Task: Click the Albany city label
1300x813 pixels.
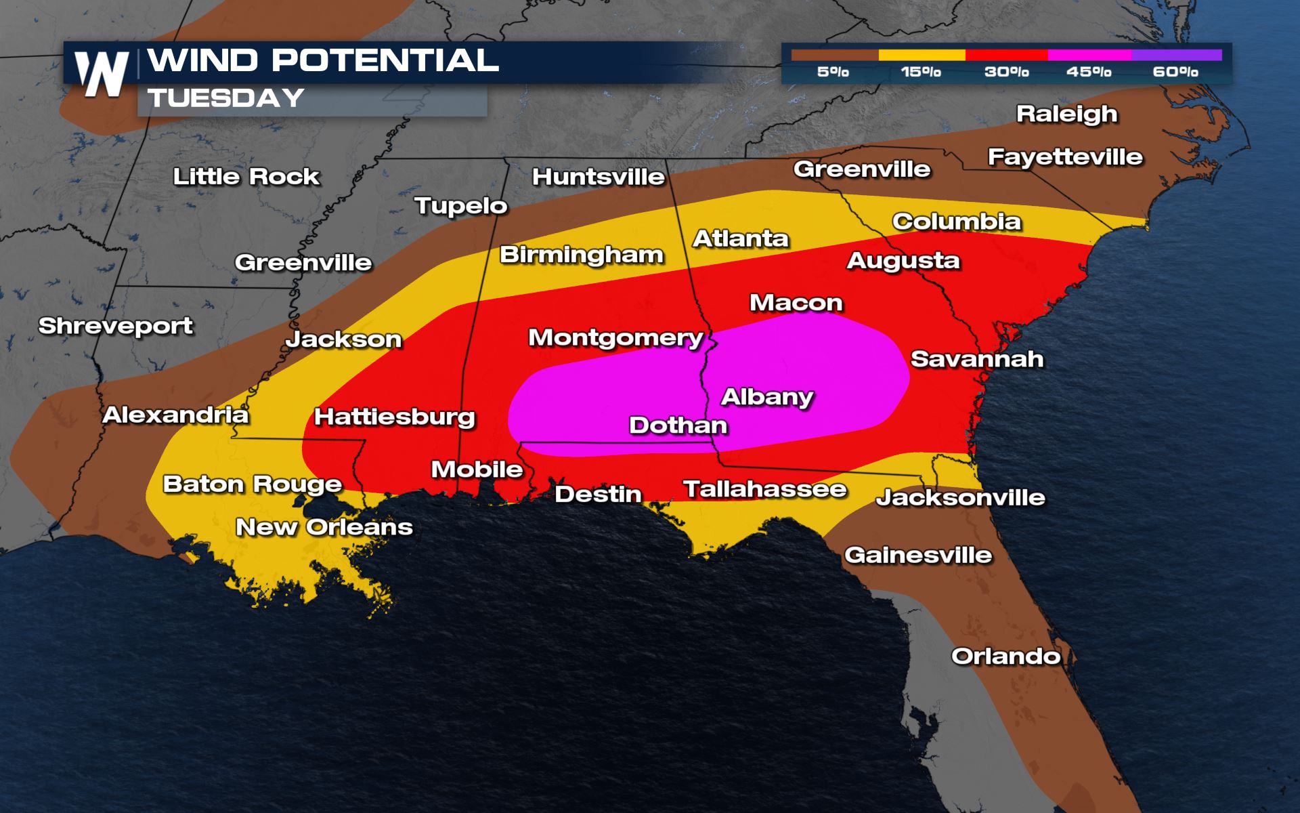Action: tap(767, 396)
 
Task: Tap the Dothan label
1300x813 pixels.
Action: tap(678, 425)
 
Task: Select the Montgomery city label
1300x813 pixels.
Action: tap(615, 337)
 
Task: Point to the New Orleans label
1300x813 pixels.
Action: tap(324, 527)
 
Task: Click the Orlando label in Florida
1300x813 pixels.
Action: tap(1005, 656)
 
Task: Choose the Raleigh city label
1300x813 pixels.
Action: tap(1066, 114)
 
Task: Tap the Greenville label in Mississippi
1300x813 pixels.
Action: tap(303, 263)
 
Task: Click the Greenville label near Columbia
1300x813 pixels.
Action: tap(861, 169)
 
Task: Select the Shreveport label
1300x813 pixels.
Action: tap(115, 327)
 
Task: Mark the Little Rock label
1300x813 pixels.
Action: tap(246, 177)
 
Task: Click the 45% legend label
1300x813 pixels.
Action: tap(1088, 72)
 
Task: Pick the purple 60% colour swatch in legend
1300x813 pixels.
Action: tap(1176, 55)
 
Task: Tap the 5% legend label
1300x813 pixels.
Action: tap(832, 72)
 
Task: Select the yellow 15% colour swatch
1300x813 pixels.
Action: tap(922, 55)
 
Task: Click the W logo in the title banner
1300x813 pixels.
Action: tap(102, 73)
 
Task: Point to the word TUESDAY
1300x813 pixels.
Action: tap(226, 98)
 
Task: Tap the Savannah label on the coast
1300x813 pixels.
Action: tap(976, 359)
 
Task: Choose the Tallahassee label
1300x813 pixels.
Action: tap(764, 489)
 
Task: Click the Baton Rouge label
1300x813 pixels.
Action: tap(252, 484)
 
